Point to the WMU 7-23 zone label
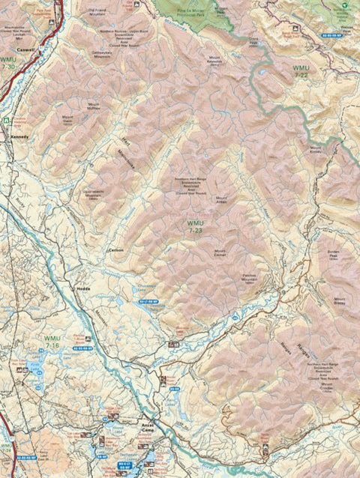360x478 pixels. click(x=196, y=227)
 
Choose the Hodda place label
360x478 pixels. click(x=82, y=288)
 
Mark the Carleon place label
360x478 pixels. click(x=115, y=249)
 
